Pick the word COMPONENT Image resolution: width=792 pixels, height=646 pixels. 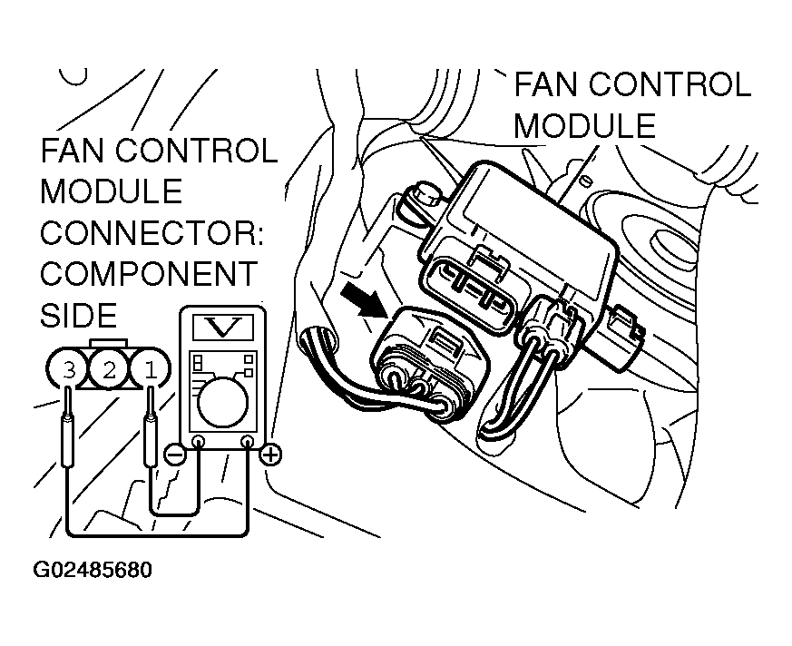point(149,273)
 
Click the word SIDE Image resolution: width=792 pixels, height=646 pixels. point(79,314)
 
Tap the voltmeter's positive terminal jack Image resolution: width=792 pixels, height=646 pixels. point(246,443)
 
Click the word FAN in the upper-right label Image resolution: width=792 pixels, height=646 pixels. point(548,85)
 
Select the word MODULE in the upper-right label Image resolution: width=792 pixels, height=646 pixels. point(584,125)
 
